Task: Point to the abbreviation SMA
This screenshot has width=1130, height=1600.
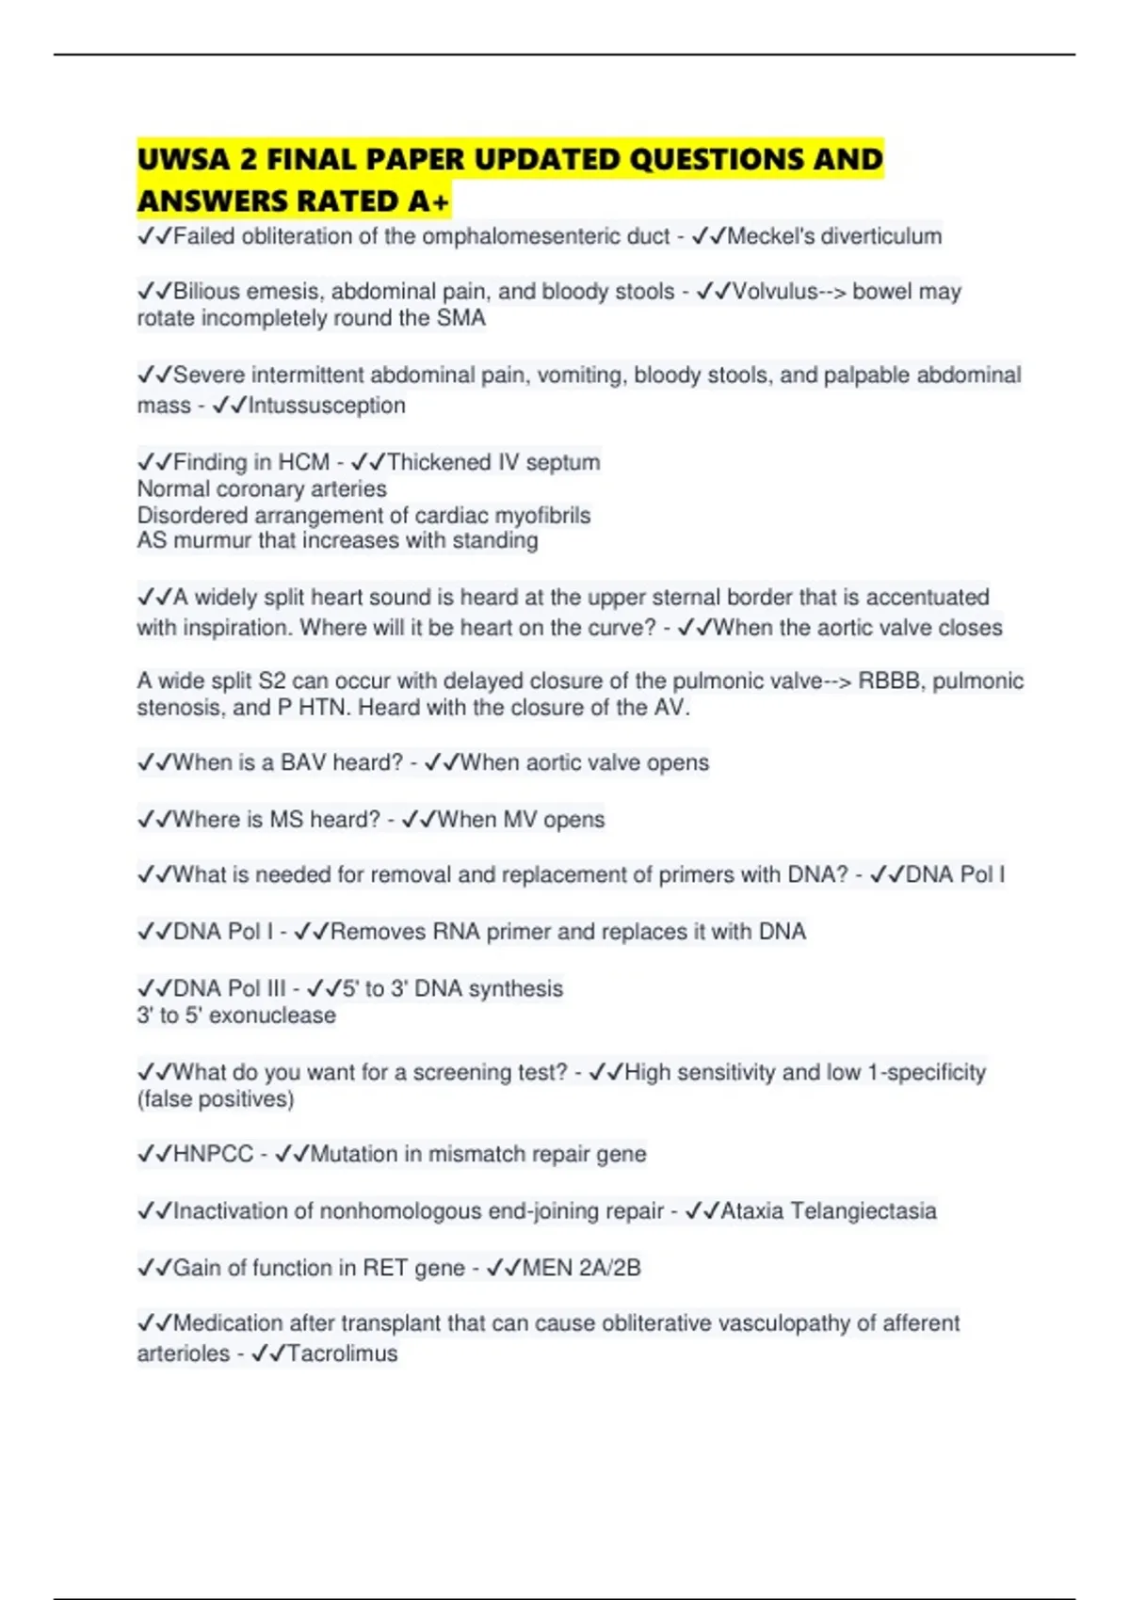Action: [x=461, y=318]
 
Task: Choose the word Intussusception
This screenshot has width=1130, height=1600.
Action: [x=326, y=406]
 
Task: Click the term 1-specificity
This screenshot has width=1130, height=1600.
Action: [x=927, y=1072]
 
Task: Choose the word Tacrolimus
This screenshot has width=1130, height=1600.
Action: [x=342, y=1353]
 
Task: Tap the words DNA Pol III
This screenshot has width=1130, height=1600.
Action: [x=229, y=988]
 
